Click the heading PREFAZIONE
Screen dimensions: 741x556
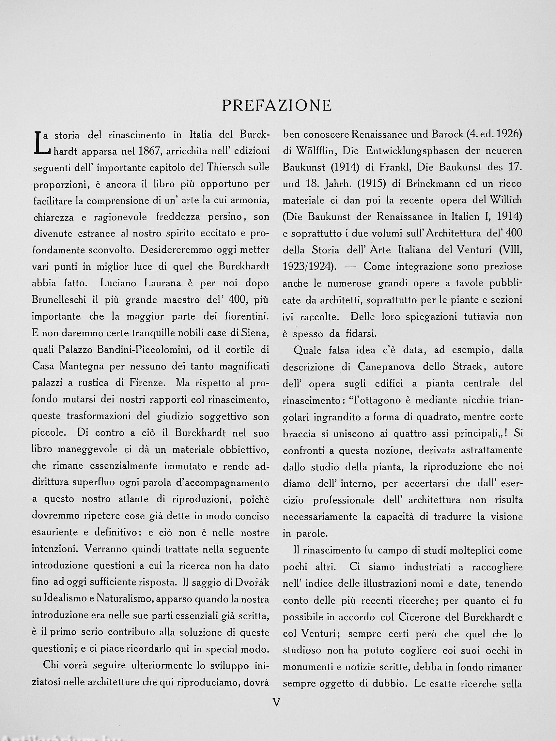pos(277,106)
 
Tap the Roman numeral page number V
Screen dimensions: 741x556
pos(277,702)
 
